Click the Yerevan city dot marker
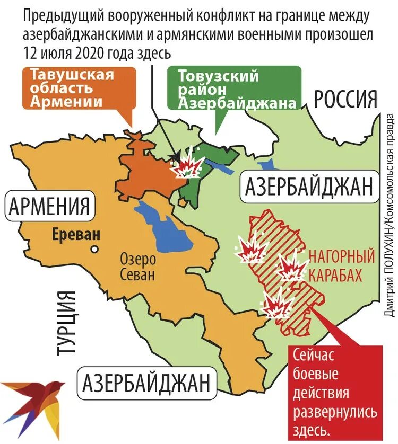(94, 248)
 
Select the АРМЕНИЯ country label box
(48, 206)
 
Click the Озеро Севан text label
(137, 268)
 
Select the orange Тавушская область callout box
(71, 89)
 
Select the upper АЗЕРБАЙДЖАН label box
(309, 188)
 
